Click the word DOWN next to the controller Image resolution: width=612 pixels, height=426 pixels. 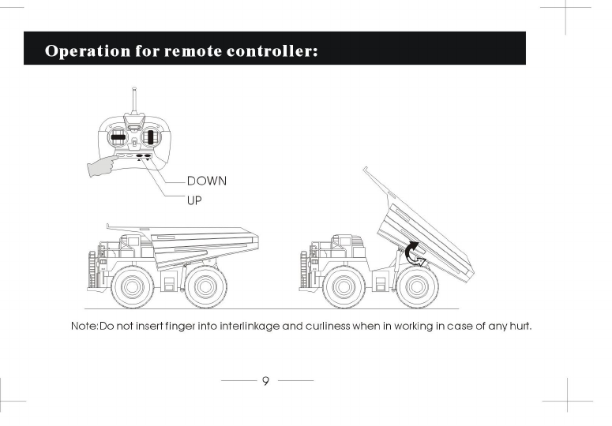point(207,181)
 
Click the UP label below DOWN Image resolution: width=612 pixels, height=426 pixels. point(195,200)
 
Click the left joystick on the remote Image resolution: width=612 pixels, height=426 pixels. point(118,137)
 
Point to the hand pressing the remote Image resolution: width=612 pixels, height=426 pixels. point(99,166)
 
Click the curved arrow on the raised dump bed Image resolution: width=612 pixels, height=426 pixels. point(412,255)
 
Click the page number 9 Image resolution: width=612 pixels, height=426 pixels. point(265,381)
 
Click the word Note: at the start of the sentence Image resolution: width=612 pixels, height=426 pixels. point(84,326)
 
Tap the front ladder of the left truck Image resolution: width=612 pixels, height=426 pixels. point(99,268)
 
